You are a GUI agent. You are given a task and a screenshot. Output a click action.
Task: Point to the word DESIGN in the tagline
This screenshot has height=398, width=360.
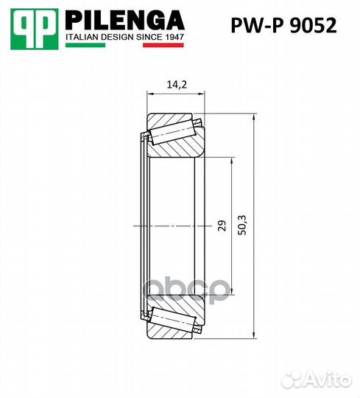click(x=117, y=35)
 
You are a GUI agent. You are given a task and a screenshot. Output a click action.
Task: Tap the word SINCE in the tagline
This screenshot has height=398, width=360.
click(x=147, y=35)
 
